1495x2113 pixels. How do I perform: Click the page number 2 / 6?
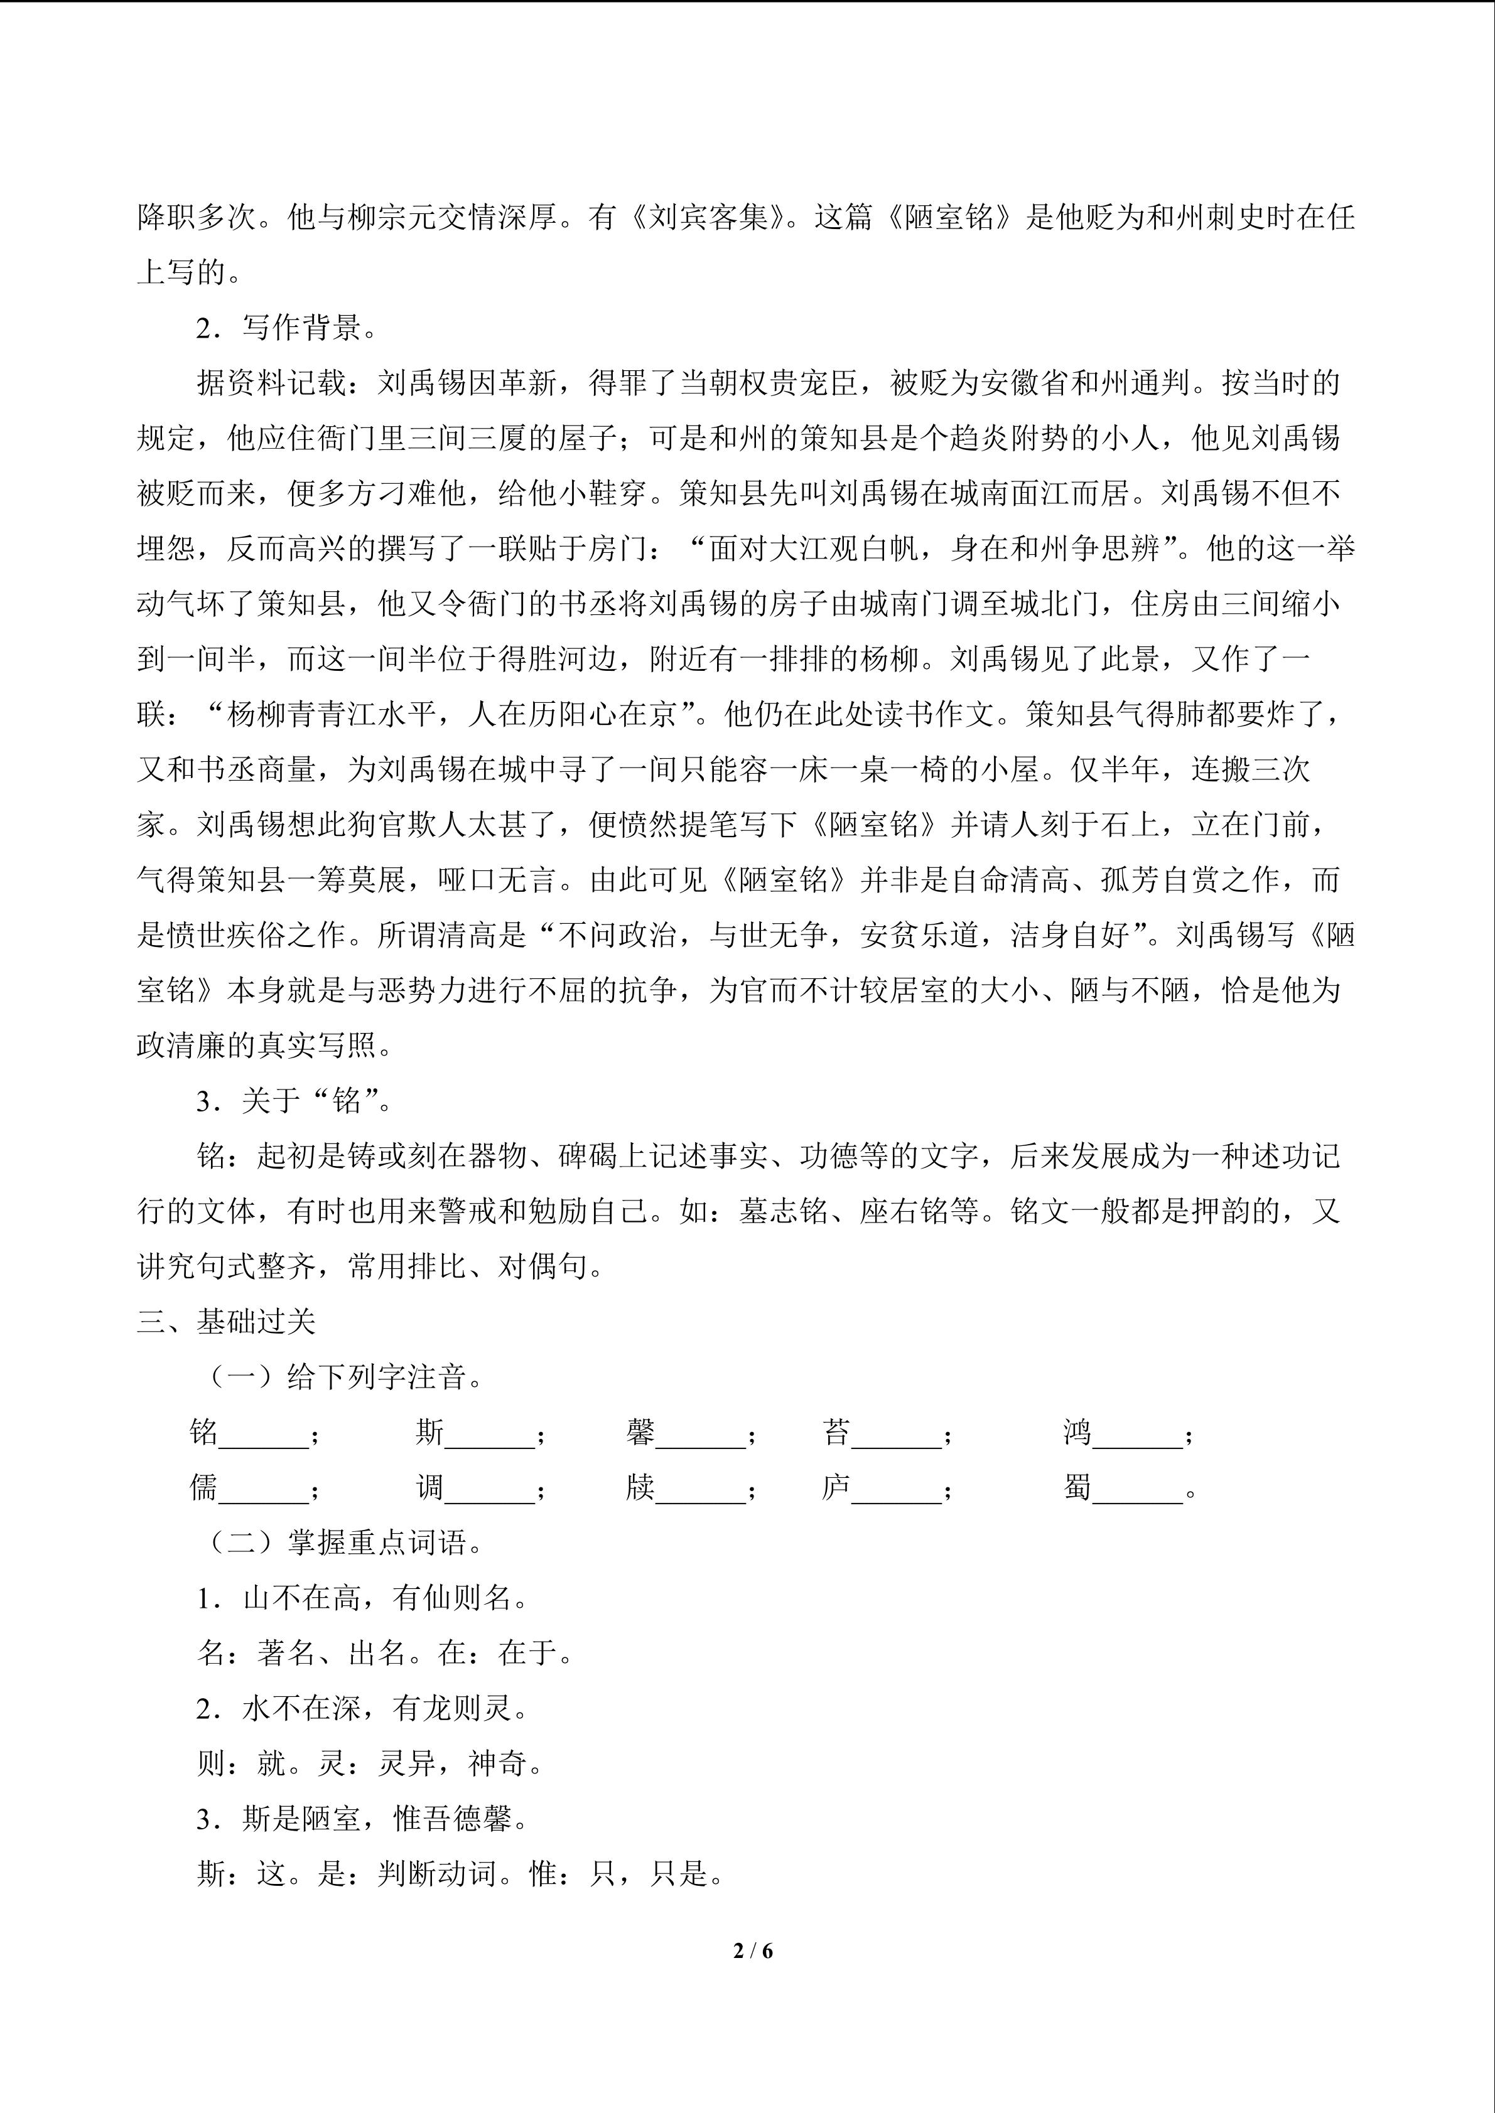[753, 1950]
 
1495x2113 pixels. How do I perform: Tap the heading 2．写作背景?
[286, 328]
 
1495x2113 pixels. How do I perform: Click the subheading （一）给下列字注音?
[344, 1377]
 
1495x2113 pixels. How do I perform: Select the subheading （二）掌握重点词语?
[344, 1543]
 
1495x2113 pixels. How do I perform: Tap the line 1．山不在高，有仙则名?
[364, 1598]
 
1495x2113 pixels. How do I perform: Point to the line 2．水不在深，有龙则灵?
[364, 1708]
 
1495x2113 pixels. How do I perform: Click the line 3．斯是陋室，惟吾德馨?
[364, 1819]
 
